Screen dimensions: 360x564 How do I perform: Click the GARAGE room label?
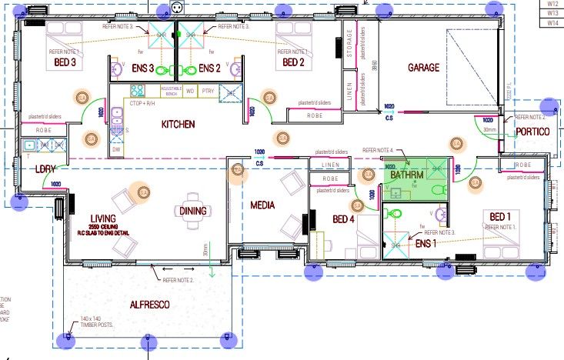coord(423,68)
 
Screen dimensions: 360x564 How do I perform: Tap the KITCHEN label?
coord(178,124)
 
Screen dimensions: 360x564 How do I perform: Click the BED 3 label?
coord(65,62)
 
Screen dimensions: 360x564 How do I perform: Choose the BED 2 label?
coord(295,62)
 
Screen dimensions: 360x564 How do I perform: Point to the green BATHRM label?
coord(406,175)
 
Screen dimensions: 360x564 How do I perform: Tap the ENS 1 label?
coord(426,244)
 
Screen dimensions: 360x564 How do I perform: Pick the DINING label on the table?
coord(193,211)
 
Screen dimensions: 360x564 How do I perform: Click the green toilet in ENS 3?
coord(163,70)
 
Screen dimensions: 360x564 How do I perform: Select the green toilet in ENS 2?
coord(190,70)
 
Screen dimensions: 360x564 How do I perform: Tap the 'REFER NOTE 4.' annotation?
coord(378,150)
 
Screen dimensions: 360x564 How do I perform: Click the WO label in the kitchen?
coord(192,90)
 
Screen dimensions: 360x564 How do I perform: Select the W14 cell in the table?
coord(552,23)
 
